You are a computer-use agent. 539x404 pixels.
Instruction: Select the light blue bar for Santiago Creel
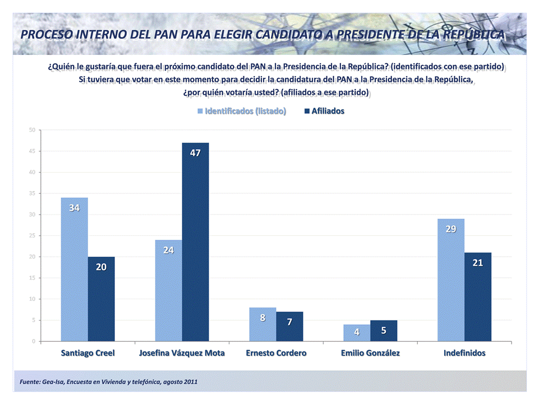[x=74, y=270]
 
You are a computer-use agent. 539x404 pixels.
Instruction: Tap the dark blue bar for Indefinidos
[x=478, y=297]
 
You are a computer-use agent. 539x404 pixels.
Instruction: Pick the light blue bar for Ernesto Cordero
[x=262, y=324]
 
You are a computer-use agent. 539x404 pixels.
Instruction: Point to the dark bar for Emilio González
[x=384, y=331]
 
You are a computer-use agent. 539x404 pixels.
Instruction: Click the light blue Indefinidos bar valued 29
[x=451, y=280]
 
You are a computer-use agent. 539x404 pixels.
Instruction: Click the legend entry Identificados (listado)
[x=242, y=111]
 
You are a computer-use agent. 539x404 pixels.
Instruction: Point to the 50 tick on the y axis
[x=33, y=130]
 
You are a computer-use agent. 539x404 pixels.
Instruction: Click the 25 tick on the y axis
[x=33, y=236]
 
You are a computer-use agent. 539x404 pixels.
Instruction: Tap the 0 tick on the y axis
[x=34, y=341]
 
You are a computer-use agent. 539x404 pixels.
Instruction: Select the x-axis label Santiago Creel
[x=87, y=354]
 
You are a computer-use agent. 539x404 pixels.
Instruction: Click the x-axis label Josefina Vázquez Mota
[x=182, y=354]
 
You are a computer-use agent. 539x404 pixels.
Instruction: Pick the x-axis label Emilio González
[x=370, y=354]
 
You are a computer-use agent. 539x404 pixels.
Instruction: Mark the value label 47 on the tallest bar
[x=195, y=152]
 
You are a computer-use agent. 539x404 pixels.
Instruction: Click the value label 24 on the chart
[x=168, y=250]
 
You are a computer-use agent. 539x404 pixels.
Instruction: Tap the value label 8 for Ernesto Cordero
[x=262, y=318]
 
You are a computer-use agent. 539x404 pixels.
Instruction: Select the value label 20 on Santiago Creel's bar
[x=101, y=267]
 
